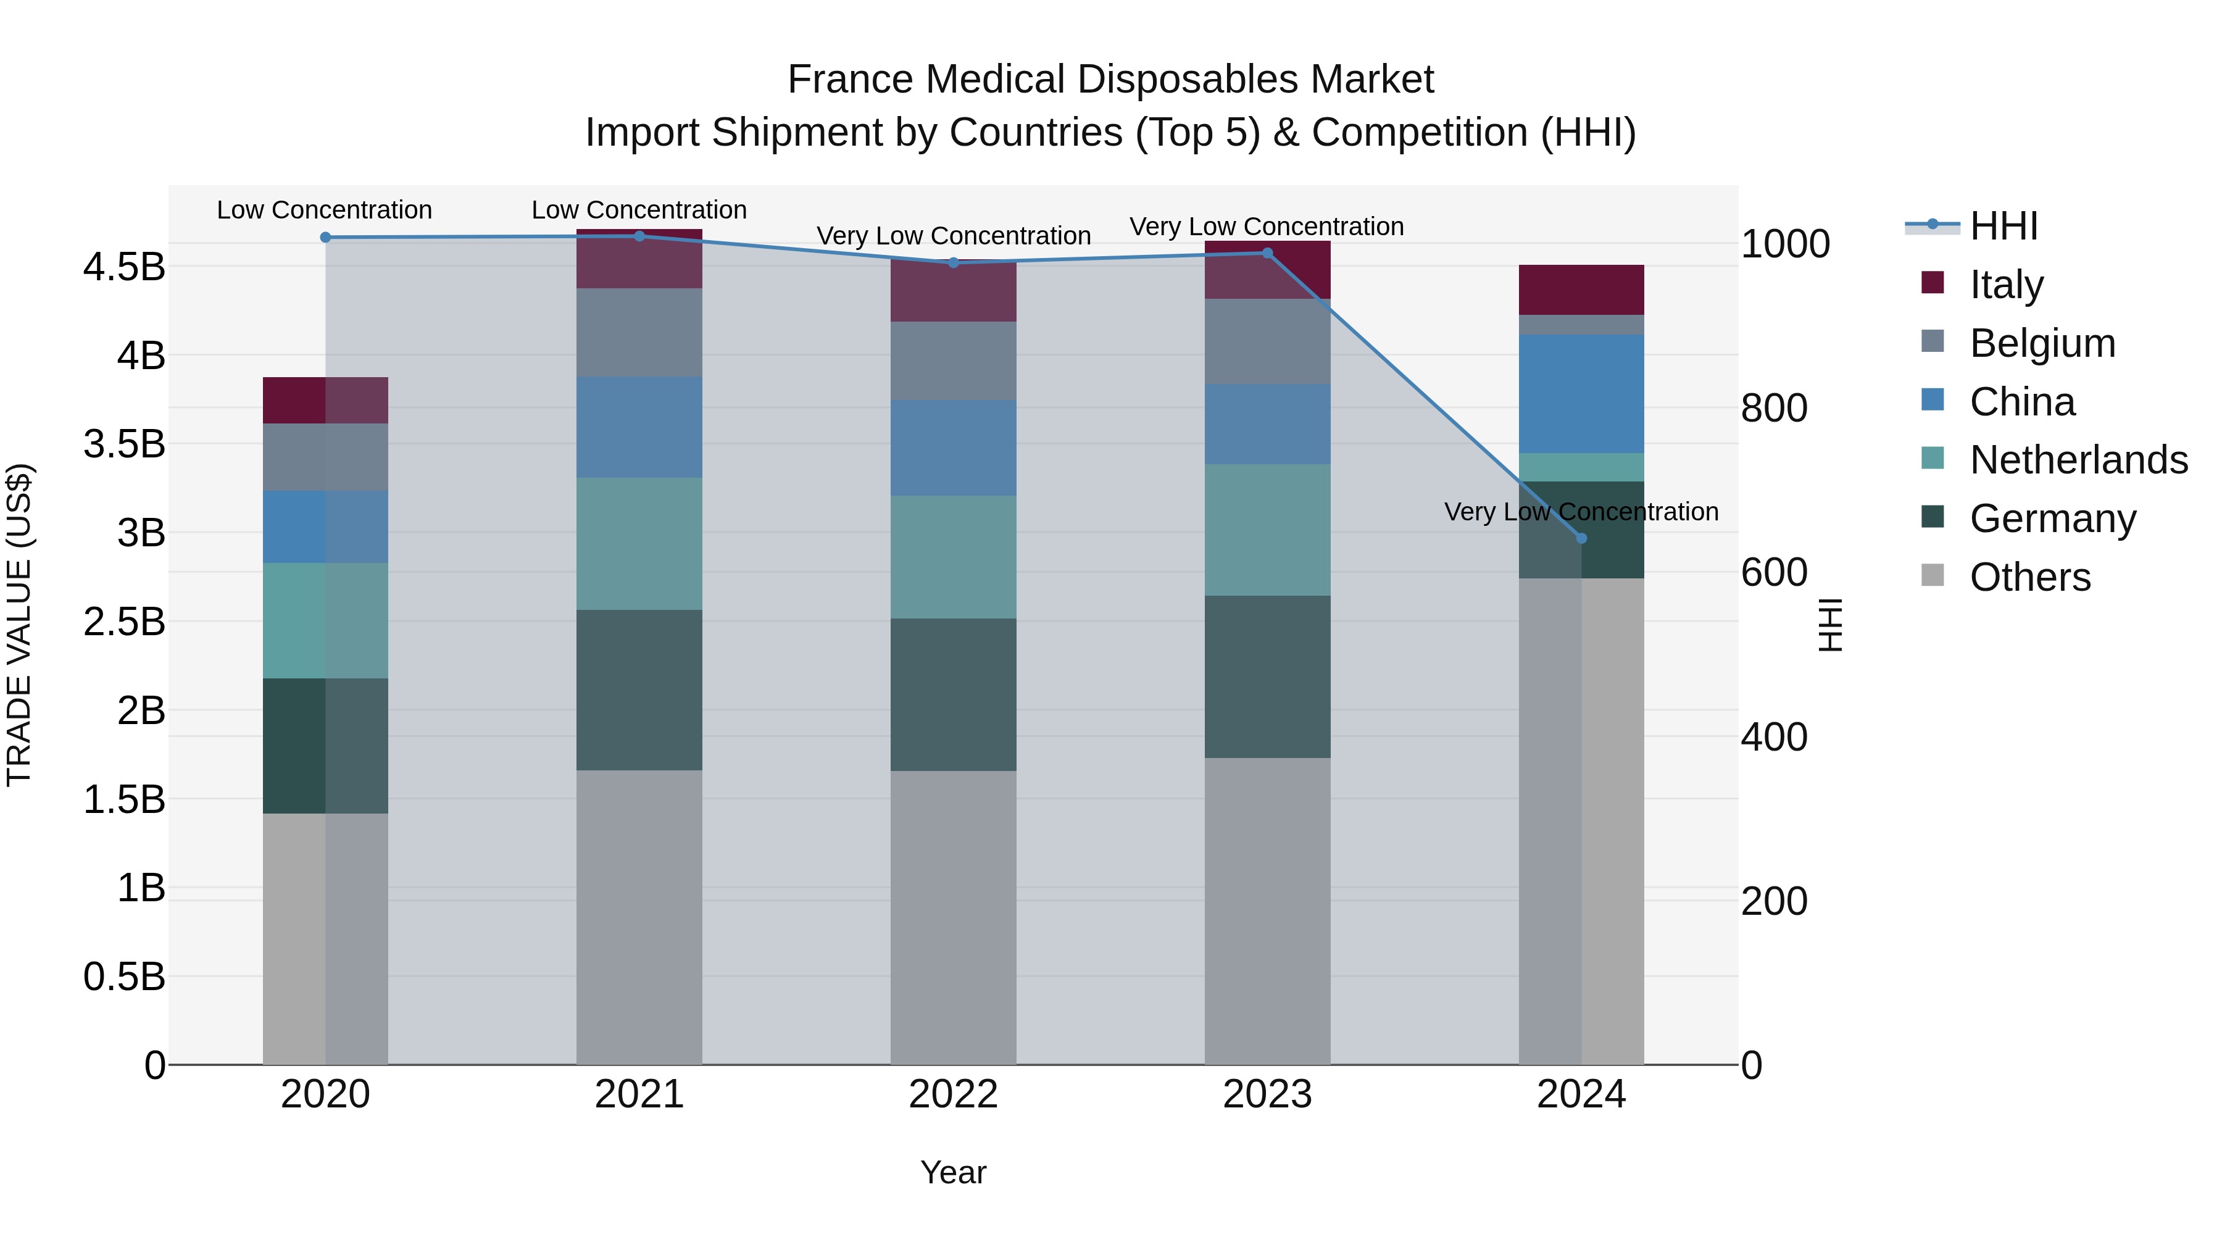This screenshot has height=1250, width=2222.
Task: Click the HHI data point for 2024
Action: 1581,538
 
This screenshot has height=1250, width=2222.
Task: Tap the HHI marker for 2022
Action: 953,262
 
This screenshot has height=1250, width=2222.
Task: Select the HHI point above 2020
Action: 325,237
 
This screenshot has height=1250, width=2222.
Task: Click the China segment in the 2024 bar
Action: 1581,393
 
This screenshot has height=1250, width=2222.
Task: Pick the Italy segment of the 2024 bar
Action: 1581,290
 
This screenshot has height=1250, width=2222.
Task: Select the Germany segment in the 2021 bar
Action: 639,690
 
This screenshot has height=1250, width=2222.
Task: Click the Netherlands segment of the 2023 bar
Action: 1267,530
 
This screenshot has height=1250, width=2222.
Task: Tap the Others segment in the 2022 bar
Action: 953,917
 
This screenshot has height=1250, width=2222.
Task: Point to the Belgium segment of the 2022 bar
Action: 953,360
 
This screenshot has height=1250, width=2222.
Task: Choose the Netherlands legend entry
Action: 2078,460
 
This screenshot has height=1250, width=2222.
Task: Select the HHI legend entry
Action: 2004,226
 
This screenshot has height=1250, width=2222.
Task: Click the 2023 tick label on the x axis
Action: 1267,1094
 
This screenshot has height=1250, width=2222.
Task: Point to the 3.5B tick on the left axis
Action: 124,444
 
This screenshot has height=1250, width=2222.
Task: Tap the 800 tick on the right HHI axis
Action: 1773,408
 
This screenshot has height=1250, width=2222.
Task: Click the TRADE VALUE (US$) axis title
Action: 19,625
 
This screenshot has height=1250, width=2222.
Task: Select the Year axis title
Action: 953,1172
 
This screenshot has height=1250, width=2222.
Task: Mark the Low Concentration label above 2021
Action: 639,210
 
